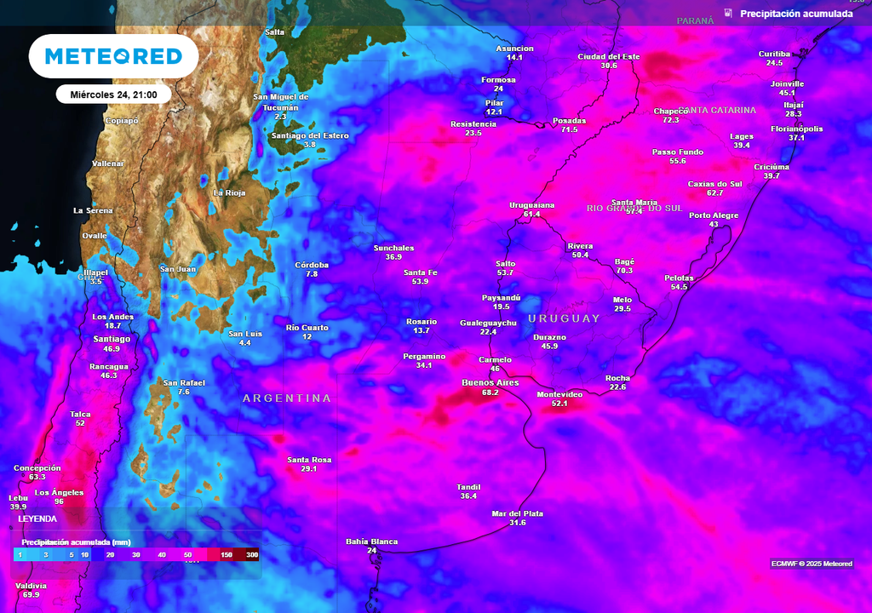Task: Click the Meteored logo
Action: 113,56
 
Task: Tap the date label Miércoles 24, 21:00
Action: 113,95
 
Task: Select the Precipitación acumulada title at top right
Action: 795,14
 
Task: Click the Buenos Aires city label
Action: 490,382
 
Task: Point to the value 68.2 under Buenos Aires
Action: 490,392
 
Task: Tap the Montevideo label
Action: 559,394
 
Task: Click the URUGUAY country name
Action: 564,318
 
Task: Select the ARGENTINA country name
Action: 286,398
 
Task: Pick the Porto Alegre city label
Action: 714,215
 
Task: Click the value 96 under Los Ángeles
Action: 60,501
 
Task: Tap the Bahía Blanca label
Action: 371,541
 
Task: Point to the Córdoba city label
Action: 312,265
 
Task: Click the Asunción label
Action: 514,49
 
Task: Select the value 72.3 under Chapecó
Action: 670,120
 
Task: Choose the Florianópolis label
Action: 796,129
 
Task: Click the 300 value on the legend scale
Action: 251,554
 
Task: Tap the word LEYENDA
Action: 37,518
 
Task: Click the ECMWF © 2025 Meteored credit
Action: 811,564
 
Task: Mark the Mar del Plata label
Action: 517,513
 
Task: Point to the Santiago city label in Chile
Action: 111,339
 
